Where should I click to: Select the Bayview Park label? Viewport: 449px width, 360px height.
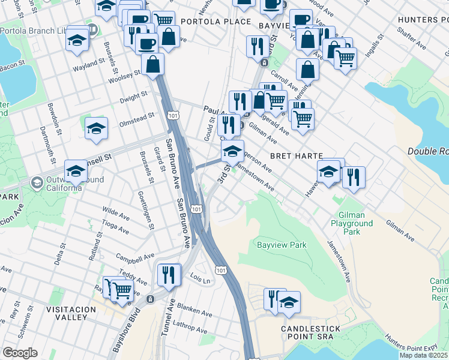click(x=282, y=245)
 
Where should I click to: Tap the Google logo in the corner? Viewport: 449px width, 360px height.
click(x=20, y=353)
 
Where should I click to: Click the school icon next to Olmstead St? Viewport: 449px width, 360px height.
click(x=96, y=128)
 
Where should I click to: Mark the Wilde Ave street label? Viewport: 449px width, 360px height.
click(x=116, y=212)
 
